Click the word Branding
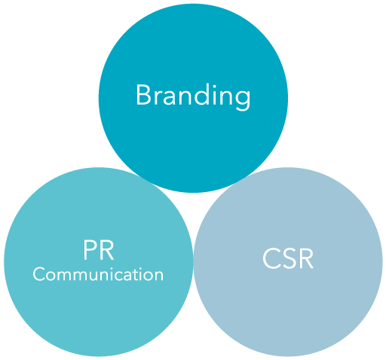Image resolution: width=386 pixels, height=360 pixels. click(x=193, y=96)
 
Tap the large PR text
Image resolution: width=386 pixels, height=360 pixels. click(x=99, y=250)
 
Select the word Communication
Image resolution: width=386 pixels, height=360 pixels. click(x=98, y=274)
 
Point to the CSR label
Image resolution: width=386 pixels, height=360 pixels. click(x=288, y=258)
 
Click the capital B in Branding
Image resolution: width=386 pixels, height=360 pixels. click(x=143, y=95)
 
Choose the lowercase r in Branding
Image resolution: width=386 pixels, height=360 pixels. click(x=158, y=97)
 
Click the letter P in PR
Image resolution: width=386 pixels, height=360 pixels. click(x=90, y=250)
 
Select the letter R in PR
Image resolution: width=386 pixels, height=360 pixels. click(x=107, y=250)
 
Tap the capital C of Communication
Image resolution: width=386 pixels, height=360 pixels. click(x=39, y=274)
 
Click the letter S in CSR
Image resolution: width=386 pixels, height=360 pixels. click(x=288, y=258)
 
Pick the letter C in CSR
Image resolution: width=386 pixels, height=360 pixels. click(x=271, y=258)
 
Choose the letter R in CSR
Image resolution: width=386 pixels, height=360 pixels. click(x=306, y=258)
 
